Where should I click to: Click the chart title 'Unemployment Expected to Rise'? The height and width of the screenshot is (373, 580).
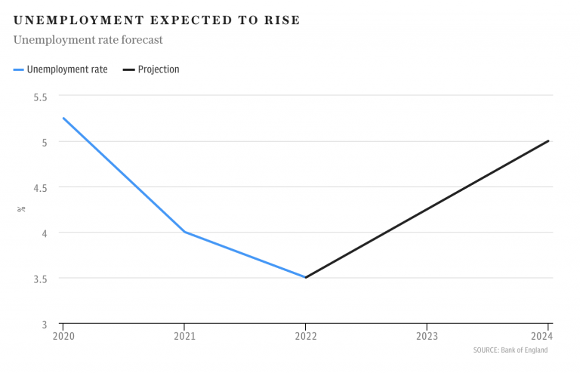(156, 20)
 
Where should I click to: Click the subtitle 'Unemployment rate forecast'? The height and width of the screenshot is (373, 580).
(88, 39)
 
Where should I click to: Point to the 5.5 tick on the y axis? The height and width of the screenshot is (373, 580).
(40, 97)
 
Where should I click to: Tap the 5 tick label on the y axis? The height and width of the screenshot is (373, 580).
(44, 142)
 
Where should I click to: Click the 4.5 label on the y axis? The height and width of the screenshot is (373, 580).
(40, 187)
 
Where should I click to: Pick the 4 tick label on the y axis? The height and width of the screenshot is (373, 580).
(44, 233)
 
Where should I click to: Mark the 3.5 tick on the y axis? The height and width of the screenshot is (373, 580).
(40, 278)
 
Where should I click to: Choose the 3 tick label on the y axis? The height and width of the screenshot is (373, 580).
(44, 324)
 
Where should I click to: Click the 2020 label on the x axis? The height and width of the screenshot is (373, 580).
(63, 336)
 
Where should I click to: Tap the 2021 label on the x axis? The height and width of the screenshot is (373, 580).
(184, 336)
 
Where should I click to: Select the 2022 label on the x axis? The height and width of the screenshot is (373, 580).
(305, 336)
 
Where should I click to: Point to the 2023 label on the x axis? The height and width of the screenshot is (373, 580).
(427, 336)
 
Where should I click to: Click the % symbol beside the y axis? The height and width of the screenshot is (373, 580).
(22, 208)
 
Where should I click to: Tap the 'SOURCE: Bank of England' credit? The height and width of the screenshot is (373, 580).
(510, 350)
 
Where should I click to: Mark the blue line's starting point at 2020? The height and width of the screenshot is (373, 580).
(63, 119)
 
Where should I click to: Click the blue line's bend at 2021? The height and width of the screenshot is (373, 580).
(184, 232)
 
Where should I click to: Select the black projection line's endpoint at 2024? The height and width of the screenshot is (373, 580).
(548, 141)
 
